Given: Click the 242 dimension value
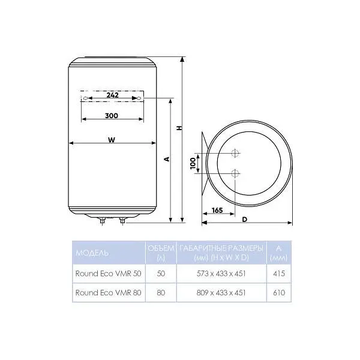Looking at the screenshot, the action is pyautogui.click(x=113, y=95).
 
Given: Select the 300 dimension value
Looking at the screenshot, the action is pyautogui.click(x=112, y=115).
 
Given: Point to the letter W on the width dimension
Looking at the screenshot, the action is pyautogui.click(x=112, y=140).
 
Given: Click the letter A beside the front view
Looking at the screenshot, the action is pyautogui.click(x=167, y=159).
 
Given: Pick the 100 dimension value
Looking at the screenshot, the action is pyautogui.click(x=193, y=163).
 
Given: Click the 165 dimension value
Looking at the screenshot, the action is pyautogui.click(x=217, y=210).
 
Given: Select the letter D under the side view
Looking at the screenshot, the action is pyautogui.click(x=245, y=220).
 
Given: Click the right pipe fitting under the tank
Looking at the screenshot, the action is pyautogui.click(x=122, y=221).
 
